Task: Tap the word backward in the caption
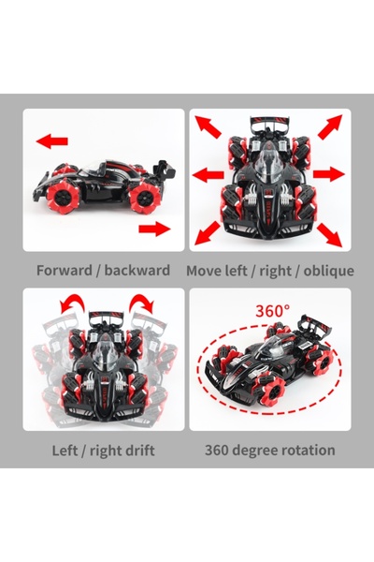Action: [137, 271]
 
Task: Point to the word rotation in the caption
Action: [302, 451]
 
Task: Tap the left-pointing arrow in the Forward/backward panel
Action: [52, 140]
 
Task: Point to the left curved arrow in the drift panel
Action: [70, 305]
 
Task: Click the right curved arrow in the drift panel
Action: [143, 305]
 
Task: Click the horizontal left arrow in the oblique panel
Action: [205, 173]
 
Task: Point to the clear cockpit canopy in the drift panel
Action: [104, 348]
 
